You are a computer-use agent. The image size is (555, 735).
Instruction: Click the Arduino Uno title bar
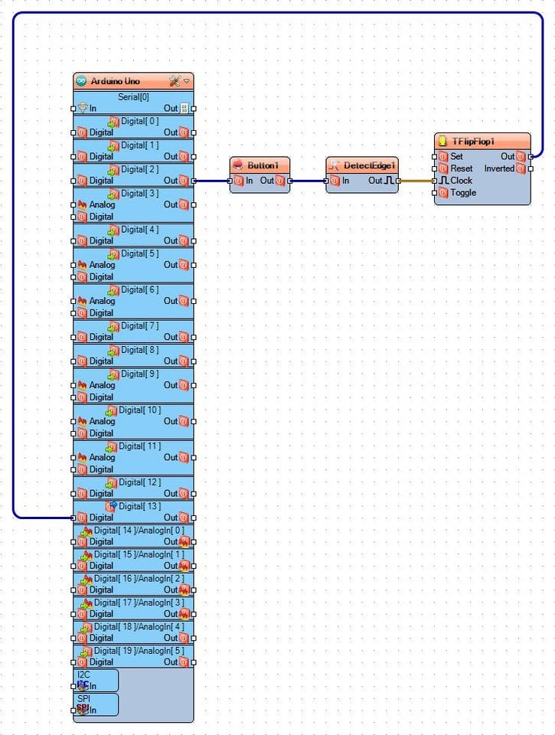115,81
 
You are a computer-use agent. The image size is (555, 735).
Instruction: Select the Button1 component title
268,165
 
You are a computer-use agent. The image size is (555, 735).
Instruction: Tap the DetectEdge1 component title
370,165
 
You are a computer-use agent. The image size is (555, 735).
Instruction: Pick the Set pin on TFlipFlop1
442,156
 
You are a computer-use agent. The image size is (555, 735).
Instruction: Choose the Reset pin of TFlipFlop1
442,168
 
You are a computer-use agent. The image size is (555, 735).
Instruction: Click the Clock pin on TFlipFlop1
442,181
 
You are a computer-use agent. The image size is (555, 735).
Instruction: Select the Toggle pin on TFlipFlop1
442,193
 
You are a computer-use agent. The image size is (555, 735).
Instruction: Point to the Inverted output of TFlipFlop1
521,168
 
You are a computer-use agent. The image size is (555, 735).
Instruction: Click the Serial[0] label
133,97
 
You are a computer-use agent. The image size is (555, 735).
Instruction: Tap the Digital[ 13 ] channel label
139,506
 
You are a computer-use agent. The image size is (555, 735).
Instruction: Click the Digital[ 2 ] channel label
140,169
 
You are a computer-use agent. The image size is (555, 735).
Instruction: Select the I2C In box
96,681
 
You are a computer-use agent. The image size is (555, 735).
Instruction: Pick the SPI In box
96,704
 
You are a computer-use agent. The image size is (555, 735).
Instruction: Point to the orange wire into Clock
416,181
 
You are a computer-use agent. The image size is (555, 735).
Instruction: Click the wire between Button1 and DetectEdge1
308,181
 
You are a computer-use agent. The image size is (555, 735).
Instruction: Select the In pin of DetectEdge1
333,181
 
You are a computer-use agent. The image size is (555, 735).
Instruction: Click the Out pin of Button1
280,181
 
